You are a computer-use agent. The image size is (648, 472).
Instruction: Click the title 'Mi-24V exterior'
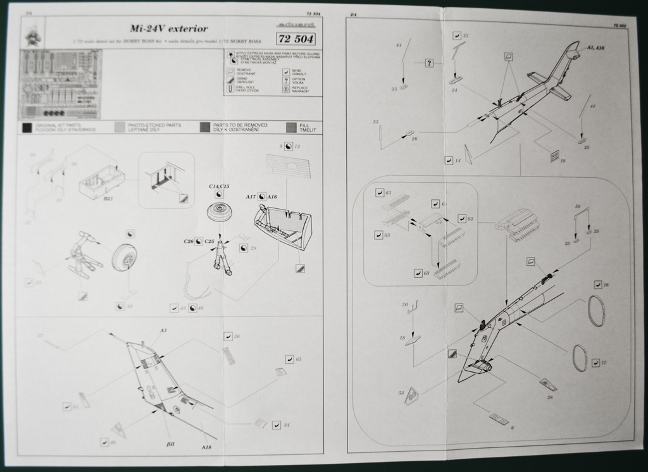[x=168, y=29]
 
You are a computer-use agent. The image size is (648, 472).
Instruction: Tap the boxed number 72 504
[x=295, y=38]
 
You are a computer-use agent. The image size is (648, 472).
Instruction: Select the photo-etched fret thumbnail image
[x=60, y=84]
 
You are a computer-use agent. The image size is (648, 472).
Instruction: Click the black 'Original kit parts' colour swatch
[x=26, y=127]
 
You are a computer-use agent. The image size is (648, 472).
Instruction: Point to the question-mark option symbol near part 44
[x=429, y=63]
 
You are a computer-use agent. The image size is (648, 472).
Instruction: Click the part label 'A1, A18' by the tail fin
[x=595, y=48]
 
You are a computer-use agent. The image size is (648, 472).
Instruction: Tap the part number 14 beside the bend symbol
[x=458, y=161]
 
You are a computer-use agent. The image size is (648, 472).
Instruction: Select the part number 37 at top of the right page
[x=466, y=36]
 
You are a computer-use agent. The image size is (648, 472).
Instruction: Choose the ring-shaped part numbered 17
[x=579, y=358]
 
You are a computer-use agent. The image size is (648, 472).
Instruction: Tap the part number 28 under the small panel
[x=549, y=397]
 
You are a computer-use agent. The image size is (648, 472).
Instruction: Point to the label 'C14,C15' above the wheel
[x=218, y=187]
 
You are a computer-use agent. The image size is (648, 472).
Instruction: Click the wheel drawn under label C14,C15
[x=220, y=211]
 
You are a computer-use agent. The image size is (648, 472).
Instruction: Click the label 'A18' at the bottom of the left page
[x=206, y=447]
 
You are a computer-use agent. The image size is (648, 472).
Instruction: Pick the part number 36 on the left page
[x=237, y=337]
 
